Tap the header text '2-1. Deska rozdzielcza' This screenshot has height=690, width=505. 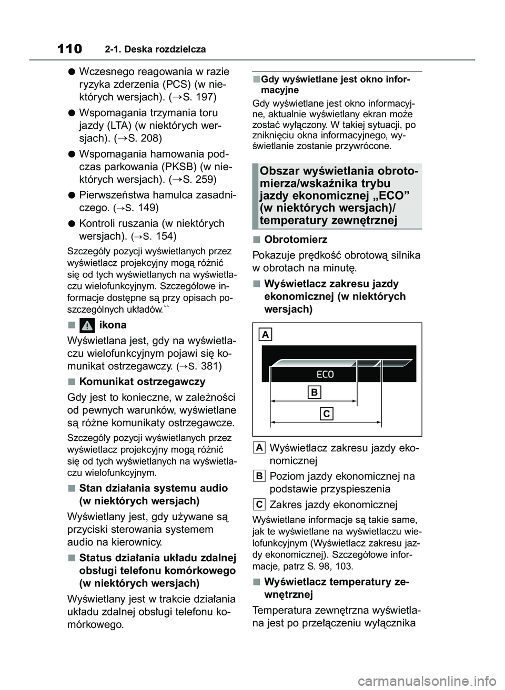pyautogui.click(x=155, y=50)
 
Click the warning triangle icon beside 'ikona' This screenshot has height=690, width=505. pyautogui.click(x=87, y=325)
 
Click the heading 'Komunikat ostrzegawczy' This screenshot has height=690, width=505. pyautogui.click(x=142, y=382)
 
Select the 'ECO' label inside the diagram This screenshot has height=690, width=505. pyautogui.click(x=325, y=374)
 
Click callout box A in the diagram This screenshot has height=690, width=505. pyautogui.click(x=266, y=334)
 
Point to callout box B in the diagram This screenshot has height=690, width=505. pyautogui.click(x=314, y=392)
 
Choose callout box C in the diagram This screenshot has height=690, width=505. pyautogui.click(x=327, y=414)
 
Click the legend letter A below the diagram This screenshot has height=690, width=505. pyautogui.click(x=259, y=447)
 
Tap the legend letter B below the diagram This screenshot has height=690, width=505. pyautogui.click(x=259, y=476)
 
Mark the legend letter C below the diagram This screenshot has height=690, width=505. pyautogui.click(x=259, y=504)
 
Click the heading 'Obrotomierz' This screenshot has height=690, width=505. pyautogui.click(x=296, y=240)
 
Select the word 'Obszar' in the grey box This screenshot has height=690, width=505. pyautogui.click(x=279, y=171)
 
